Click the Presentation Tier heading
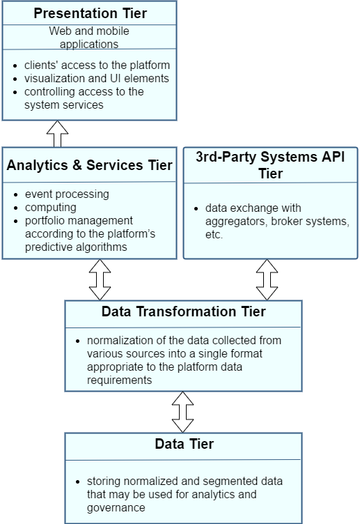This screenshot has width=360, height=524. click(x=89, y=13)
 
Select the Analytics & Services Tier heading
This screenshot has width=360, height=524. click(x=89, y=166)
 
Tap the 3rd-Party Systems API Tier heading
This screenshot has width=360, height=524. click(x=270, y=165)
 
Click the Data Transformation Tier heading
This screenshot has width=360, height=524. click(x=183, y=311)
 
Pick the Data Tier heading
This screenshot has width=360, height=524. click(x=184, y=444)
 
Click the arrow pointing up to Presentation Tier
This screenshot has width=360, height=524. click(x=57, y=133)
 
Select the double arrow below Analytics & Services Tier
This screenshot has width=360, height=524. click(x=100, y=279)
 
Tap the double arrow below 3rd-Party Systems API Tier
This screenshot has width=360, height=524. click(x=267, y=279)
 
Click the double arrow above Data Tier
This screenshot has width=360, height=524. click(x=183, y=412)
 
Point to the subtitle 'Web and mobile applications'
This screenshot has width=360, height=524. click(x=89, y=38)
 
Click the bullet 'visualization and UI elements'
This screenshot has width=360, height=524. click(x=97, y=79)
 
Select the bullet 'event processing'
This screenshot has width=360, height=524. click(x=67, y=194)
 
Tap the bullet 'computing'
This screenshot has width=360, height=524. click(x=51, y=207)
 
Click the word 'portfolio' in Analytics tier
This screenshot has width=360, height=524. click(x=47, y=220)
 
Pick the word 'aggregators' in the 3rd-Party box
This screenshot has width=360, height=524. click(x=236, y=222)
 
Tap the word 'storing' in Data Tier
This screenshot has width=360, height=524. click(x=104, y=481)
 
